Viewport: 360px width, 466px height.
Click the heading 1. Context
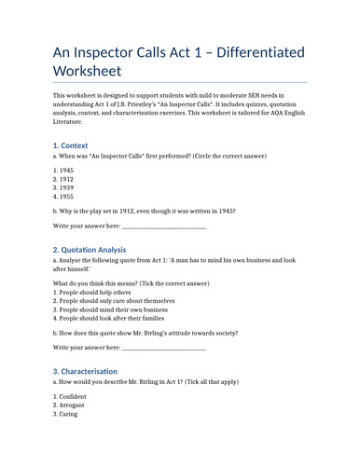(80, 145)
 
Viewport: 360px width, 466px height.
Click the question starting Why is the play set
(145, 211)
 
